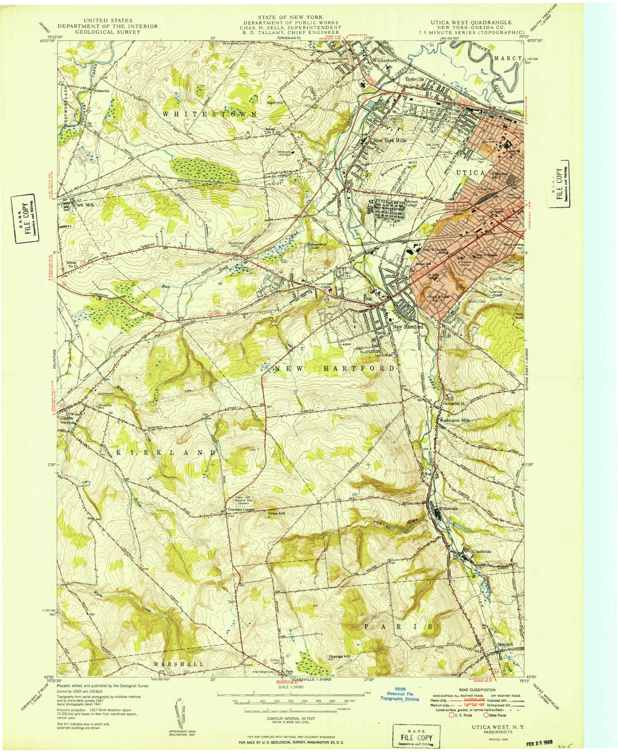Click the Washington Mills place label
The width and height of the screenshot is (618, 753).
[455, 420]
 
